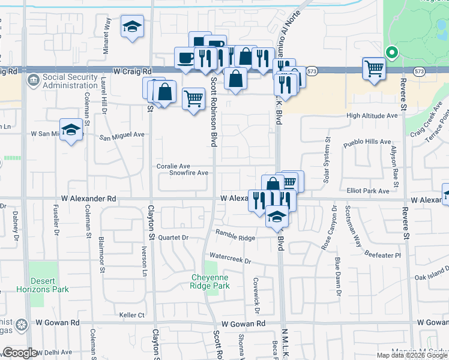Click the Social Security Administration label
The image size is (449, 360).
pos(70,81)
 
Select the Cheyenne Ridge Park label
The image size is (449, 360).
pos(211,281)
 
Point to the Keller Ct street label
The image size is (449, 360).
pos(132,314)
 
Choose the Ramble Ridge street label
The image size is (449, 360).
pos(235,238)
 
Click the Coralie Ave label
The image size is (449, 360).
pos(173,166)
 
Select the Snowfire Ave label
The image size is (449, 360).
pos(188,173)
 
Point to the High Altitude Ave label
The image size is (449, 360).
pos(372,115)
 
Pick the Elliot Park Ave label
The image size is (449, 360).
pos(368,191)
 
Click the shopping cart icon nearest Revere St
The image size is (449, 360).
pos(374,69)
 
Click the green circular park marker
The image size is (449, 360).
pos(391,53)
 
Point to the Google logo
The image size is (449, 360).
pos(20,353)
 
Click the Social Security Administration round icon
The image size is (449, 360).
pos(34,79)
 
